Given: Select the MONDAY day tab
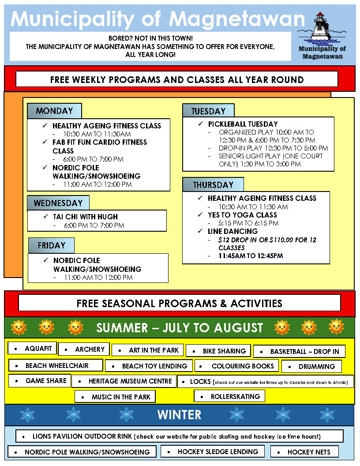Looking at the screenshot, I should (x=54, y=111).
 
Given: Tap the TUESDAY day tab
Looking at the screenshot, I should (x=208, y=111).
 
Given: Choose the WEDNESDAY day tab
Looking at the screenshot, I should (x=58, y=203).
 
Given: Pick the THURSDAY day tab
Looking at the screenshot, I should (x=213, y=185).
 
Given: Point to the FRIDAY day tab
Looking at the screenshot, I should (x=51, y=245).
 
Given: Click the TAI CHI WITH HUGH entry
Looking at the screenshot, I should (x=86, y=217).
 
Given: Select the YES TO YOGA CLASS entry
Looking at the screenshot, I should (x=242, y=215).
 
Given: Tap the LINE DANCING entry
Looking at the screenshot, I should (x=232, y=231).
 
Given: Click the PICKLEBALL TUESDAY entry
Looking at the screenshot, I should (x=243, y=124).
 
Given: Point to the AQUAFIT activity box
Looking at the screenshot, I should (x=32, y=349).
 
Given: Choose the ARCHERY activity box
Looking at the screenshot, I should (x=84, y=349).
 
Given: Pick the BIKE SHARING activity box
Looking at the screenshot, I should (x=218, y=351).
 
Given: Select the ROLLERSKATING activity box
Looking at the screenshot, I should (x=229, y=396).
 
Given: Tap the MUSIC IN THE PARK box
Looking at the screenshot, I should (x=115, y=397).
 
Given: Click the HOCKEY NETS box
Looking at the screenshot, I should (x=305, y=452).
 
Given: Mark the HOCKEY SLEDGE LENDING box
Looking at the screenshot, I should (x=213, y=451).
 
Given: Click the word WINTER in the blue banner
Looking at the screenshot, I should (x=179, y=415).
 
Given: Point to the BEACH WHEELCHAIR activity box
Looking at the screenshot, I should (x=56, y=365).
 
